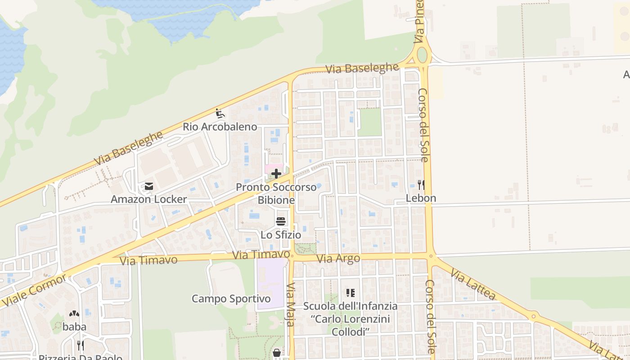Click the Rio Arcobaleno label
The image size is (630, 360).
coord(220,127)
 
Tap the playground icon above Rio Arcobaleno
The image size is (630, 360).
coord(220,113)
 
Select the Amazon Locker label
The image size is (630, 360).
coord(149,199)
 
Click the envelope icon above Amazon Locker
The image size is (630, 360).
coord(149,186)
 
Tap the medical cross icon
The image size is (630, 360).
coord(276,174)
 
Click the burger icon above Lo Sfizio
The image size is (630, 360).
coord(281,221)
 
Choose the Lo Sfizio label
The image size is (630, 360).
coord(281,235)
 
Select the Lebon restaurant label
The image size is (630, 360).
coord(421,198)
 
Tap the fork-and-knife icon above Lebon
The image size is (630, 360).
coord(421,184)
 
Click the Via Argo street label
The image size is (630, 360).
coord(338,259)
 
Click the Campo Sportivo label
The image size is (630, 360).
coord(231,299)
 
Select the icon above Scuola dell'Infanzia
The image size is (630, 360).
coord(351,293)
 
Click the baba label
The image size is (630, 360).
coord(74,327)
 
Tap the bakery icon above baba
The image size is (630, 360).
coord(74,314)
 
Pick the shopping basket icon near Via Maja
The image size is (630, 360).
coord(276,353)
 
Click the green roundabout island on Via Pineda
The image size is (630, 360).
coord(422,55)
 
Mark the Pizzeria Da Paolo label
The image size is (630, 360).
coord(80,357)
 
